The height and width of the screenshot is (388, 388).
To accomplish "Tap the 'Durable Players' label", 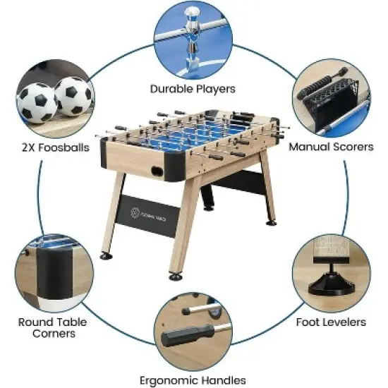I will (x=193, y=89).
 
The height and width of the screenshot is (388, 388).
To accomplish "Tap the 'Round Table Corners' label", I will (x=47, y=327).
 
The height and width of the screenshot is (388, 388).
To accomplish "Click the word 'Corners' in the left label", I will (x=47, y=334).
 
